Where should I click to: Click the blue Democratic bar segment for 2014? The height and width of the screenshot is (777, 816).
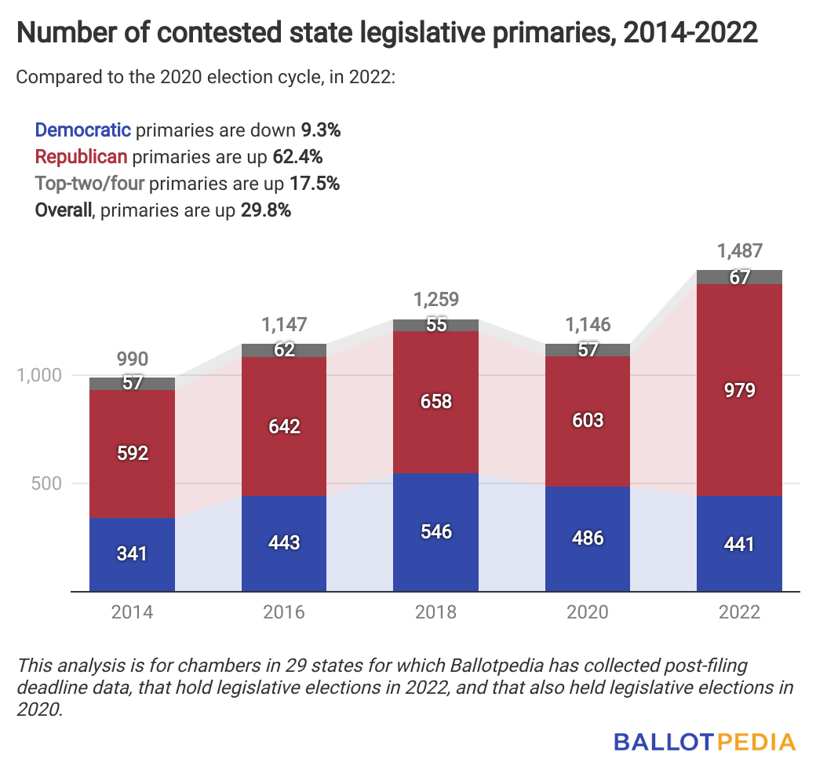coord(132,554)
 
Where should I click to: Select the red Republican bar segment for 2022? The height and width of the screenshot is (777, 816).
coord(739,390)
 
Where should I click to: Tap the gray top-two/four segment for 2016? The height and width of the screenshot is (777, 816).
coord(284,351)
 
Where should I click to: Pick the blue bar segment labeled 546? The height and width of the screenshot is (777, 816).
coord(436,532)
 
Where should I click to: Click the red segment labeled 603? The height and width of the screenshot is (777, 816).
coord(588,421)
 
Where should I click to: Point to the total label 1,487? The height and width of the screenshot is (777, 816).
coord(739,252)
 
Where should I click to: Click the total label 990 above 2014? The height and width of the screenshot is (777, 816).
coord(132,360)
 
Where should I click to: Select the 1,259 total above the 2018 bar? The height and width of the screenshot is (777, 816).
coord(436,301)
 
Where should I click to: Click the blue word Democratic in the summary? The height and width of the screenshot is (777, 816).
coord(83,129)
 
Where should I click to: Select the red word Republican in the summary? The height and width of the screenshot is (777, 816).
coord(81,156)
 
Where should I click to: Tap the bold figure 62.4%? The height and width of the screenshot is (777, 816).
coord(297,156)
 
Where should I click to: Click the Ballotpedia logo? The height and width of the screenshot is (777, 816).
coord(704,741)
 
